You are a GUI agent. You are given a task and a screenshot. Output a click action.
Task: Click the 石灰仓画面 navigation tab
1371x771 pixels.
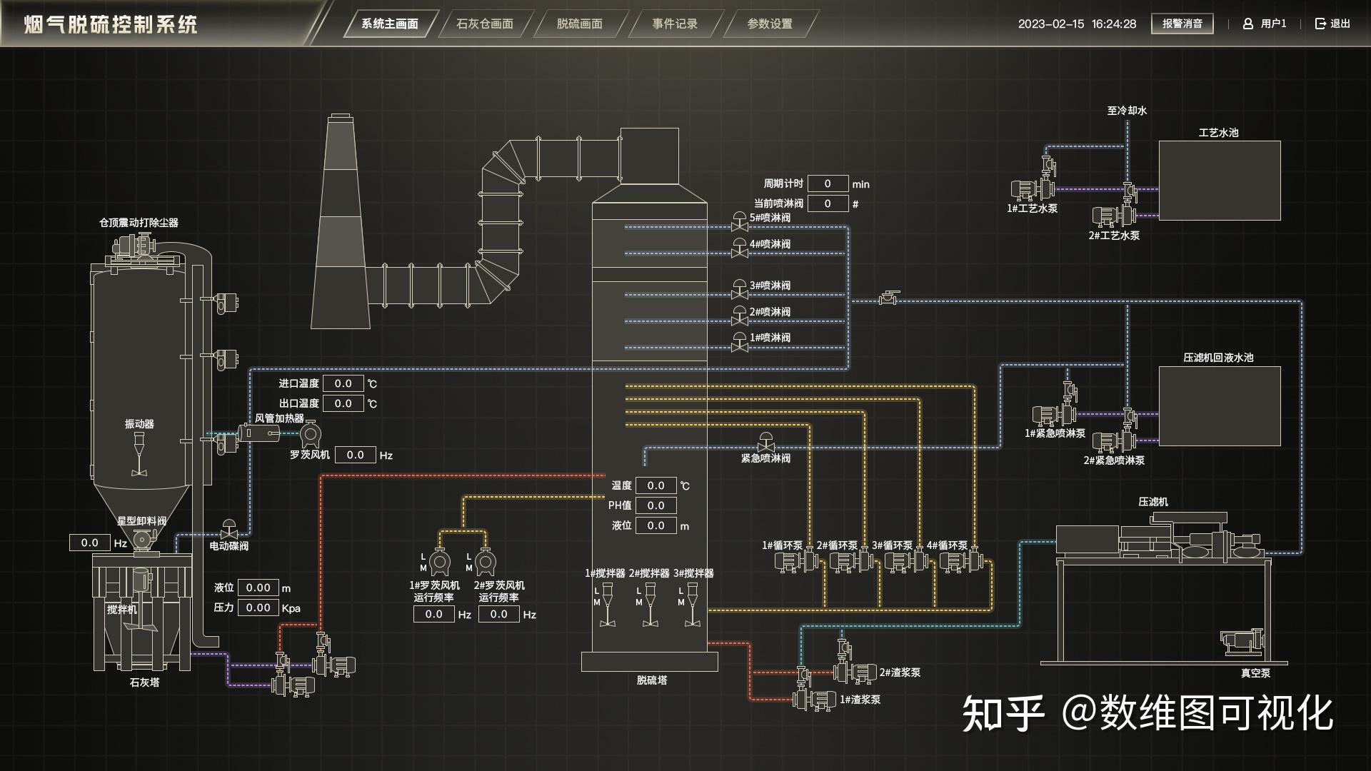pyautogui.click(x=485, y=24)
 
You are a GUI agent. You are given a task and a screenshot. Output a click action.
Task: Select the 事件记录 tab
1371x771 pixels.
pyautogui.click(x=675, y=24)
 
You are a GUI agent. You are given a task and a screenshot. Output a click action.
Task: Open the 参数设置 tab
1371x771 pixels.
pyautogui.click(x=770, y=24)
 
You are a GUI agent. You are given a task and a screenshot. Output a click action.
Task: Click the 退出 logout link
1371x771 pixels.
pyautogui.click(x=1332, y=24)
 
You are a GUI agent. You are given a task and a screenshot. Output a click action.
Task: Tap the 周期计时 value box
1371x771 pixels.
pyautogui.click(x=828, y=183)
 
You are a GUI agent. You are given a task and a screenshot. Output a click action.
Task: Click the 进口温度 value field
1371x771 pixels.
pyautogui.click(x=343, y=383)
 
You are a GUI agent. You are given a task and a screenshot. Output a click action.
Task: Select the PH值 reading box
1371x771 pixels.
pyautogui.click(x=656, y=505)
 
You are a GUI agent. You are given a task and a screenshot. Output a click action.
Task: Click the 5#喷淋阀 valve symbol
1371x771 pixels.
pyautogui.click(x=740, y=222)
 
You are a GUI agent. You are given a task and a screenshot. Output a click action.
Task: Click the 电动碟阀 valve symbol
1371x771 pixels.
pyautogui.click(x=229, y=530)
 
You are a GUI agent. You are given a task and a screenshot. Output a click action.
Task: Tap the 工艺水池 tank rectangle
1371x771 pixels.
pyautogui.click(x=1220, y=180)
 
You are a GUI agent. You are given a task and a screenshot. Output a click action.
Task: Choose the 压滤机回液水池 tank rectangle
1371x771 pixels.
pyautogui.click(x=1220, y=406)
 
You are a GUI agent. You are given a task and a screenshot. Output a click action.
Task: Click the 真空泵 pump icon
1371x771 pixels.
pyautogui.click(x=1242, y=641)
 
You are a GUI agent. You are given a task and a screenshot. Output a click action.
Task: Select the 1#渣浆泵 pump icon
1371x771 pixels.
pyautogui.click(x=814, y=700)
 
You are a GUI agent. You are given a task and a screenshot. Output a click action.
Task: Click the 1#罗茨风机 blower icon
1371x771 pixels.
pyautogui.click(x=439, y=563)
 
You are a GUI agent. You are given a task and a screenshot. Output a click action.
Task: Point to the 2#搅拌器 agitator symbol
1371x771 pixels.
pyautogui.click(x=650, y=605)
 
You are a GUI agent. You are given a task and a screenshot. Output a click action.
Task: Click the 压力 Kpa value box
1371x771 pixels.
pyautogui.click(x=258, y=608)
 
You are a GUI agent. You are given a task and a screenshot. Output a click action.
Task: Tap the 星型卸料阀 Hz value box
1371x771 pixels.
pyautogui.click(x=89, y=543)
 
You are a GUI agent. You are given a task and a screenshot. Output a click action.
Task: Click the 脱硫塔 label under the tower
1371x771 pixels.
pyautogui.click(x=652, y=680)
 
